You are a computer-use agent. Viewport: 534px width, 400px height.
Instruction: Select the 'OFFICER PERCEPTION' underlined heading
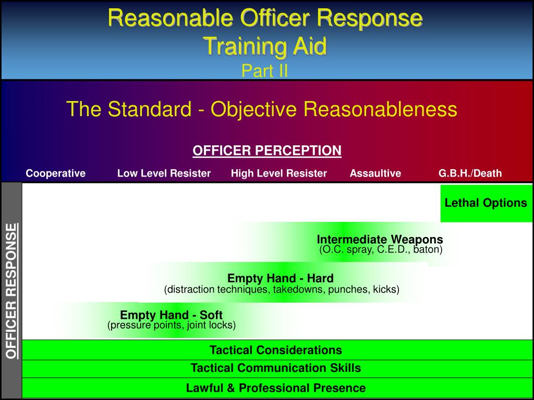point(267,151)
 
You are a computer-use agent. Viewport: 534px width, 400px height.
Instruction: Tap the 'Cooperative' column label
point(56,173)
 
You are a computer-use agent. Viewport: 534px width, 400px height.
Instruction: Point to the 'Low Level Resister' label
point(164,173)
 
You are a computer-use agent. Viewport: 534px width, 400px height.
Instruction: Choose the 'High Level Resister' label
point(279,173)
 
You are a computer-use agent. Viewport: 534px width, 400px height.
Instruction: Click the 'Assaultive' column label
point(375,173)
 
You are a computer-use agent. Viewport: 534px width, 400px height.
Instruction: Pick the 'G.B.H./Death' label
point(470,173)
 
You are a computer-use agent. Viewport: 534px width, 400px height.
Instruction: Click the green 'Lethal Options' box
point(486,203)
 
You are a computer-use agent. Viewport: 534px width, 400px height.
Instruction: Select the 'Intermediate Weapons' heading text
point(380,240)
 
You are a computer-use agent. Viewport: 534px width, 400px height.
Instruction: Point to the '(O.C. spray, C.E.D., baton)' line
point(381,249)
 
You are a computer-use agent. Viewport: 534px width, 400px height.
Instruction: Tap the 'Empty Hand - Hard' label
point(281,278)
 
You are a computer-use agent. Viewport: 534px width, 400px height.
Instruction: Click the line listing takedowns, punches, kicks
point(282,289)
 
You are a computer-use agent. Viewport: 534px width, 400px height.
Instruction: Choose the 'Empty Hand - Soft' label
point(171,315)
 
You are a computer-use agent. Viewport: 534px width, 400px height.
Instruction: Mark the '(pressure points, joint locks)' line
point(172,326)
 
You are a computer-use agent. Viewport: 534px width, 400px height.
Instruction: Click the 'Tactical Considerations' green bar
point(276,350)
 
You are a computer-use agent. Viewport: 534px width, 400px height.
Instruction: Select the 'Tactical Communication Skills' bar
point(276,368)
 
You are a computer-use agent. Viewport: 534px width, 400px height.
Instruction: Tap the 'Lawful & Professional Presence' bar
point(276,388)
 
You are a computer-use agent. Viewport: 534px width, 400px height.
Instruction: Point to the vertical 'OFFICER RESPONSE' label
point(11,291)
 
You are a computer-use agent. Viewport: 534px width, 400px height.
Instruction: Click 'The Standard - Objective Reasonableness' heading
point(262,109)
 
